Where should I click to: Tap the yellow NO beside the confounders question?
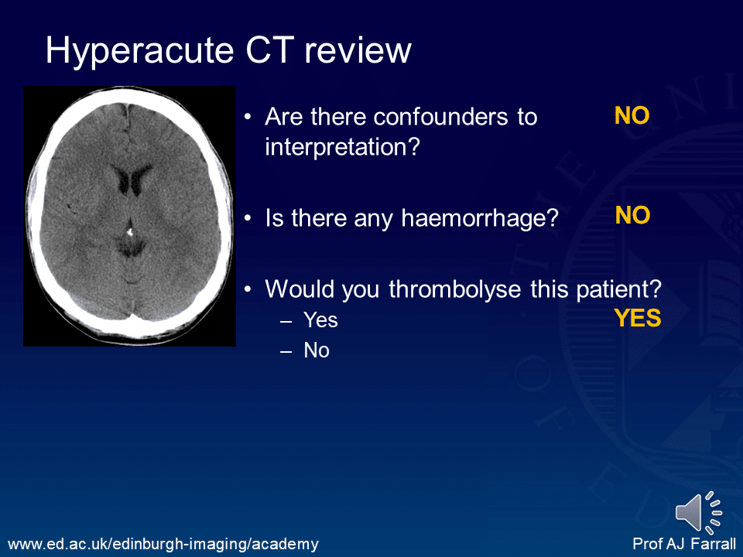point(632,116)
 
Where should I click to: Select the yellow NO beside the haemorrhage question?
point(632,216)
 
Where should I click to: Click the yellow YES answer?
point(638,318)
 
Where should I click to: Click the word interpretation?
point(341,147)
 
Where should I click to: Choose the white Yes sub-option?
point(320,320)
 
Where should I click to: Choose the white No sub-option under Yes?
point(317,350)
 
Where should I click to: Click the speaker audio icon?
point(698,511)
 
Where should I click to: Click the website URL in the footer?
point(163,545)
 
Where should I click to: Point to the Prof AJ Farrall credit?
point(683,545)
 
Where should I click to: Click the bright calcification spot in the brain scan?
point(130,231)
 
